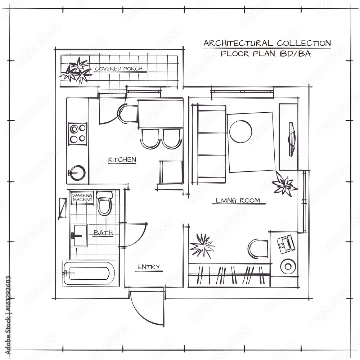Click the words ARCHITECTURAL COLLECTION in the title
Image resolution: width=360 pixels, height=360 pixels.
point(267,43)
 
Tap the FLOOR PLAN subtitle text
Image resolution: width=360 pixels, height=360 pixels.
point(266,54)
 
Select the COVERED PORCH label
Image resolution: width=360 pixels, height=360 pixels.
point(118,68)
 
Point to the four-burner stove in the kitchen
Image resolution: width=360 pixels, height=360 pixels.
point(78,134)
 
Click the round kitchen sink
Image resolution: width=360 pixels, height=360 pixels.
point(77,173)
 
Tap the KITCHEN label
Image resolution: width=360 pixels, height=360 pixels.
point(122,159)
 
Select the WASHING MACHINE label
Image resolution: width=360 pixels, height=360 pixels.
point(82,198)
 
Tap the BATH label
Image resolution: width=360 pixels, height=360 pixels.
point(103,233)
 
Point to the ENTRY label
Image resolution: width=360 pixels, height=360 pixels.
point(148,267)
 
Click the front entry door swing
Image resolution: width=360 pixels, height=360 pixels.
point(146,306)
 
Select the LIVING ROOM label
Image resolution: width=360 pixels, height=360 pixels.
point(238,201)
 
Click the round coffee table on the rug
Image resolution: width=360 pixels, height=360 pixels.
point(241,131)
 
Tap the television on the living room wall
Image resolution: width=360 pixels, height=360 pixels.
point(292,139)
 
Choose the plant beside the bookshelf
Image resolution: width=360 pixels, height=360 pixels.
point(202,246)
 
